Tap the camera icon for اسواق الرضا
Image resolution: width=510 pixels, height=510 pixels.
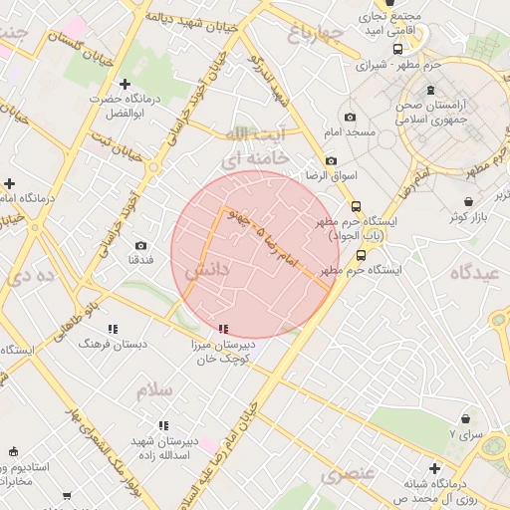click(x=331, y=161)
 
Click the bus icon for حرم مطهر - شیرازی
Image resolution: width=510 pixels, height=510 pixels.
click(x=397, y=49)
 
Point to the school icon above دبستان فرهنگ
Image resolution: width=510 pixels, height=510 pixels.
click(x=113, y=328)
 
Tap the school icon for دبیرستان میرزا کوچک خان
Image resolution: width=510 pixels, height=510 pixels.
click(x=223, y=328)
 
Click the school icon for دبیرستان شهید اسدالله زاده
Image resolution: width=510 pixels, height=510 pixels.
click(x=163, y=425)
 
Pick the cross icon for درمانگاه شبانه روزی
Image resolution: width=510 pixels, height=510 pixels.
click(x=434, y=467)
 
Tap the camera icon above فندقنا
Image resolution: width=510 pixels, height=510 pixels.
click(x=140, y=245)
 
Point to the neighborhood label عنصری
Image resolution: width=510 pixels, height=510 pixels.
click(x=348, y=474)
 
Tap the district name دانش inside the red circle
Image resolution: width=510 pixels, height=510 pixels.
click(x=208, y=269)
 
